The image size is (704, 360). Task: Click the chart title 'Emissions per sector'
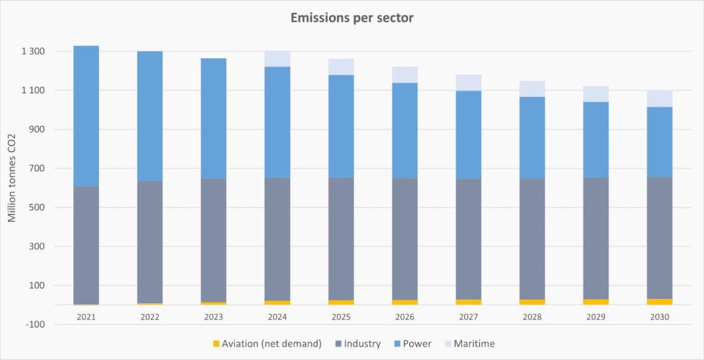(352, 17)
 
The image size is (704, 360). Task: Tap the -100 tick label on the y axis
(35, 325)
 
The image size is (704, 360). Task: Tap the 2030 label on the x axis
(659, 316)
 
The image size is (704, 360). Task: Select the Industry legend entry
(357, 344)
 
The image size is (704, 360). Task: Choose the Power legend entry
(412, 344)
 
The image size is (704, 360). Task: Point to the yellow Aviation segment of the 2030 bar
(659, 302)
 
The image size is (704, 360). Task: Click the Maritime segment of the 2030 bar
(659, 99)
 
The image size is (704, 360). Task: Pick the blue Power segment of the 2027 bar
(468, 135)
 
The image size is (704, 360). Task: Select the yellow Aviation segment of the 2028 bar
(532, 302)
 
